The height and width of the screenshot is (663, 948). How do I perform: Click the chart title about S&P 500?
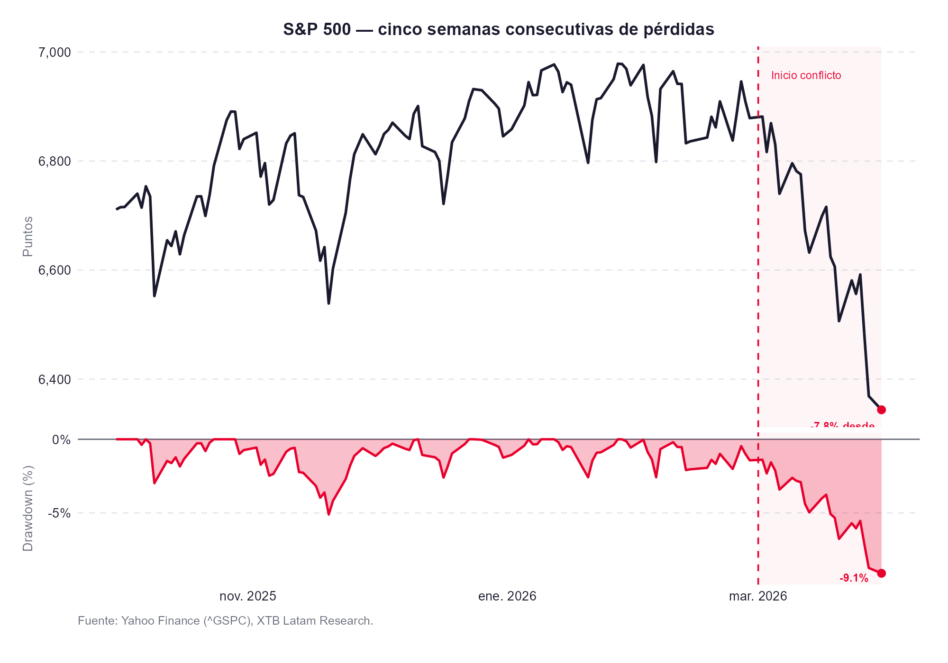[x=498, y=29]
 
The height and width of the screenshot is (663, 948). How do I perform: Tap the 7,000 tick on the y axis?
[x=54, y=52]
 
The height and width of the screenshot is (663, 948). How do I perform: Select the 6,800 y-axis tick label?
[x=54, y=161]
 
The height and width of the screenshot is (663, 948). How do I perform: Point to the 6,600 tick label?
[x=54, y=270]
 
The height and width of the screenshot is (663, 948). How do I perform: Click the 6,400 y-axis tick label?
[x=54, y=379]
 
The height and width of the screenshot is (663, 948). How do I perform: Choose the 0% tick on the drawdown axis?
[x=62, y=440]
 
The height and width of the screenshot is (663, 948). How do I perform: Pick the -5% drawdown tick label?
[x=59, y=513]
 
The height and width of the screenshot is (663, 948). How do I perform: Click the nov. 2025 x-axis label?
[x=247, y=596]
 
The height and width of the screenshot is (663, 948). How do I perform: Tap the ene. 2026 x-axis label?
[x=507, y=596]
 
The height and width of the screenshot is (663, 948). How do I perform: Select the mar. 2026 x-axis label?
[x=757, y=596]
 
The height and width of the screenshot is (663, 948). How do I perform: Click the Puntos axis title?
[x=28, y=236]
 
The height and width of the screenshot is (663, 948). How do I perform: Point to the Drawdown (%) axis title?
[x=28, y=509]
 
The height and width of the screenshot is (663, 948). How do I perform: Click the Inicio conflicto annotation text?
[x=806, y=76]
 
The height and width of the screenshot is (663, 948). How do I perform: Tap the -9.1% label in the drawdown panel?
[x=854, y=578]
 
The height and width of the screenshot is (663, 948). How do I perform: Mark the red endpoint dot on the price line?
[x=881, y=410]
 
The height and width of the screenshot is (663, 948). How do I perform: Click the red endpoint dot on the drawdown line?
[x=881, y=573]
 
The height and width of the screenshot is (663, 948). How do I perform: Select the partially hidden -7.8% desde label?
[x=842, y=425]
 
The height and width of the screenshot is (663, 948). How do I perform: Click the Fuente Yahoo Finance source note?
[x=225, y=621]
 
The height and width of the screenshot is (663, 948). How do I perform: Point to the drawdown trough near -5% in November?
[x=328, y=514]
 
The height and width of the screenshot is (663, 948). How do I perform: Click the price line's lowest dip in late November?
[x=328, y=303]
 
